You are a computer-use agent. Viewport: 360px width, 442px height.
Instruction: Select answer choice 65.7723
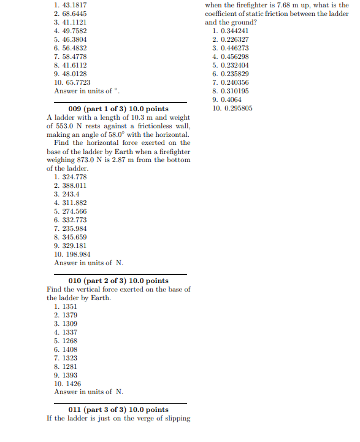click(x=76, y=82)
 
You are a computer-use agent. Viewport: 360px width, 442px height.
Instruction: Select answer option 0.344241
click(x=234, y=31)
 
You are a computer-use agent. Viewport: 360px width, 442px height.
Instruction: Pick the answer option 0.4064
click(x=231, y=99)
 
